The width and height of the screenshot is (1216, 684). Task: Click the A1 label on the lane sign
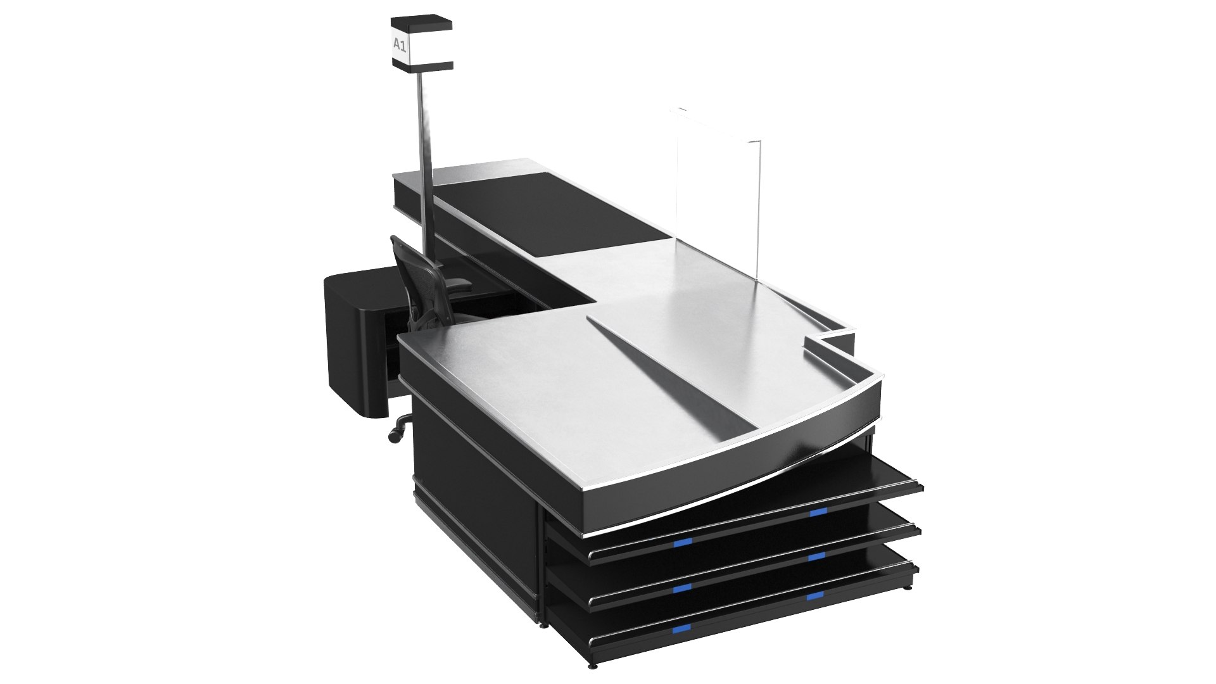pos(400,45)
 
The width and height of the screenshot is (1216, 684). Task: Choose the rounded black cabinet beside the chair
pos(355,342)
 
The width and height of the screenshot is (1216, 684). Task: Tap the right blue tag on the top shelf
pos(818,512)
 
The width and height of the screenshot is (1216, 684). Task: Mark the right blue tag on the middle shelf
pos(817,557)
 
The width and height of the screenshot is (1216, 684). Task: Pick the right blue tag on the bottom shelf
pos(815,595)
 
